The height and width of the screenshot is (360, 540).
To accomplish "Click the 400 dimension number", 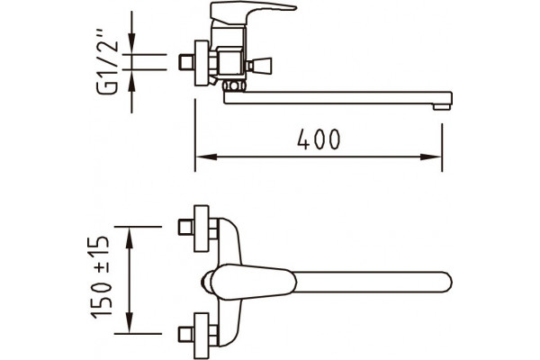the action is (x=319, y=139).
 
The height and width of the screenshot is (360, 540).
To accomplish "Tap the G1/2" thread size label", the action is (x=107, y=63).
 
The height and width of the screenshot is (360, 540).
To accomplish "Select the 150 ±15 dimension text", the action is (x=101, y=277).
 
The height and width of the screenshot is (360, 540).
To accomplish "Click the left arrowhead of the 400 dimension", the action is (x=206, y=157).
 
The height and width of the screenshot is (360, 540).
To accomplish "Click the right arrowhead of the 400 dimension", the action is (x=431, y=157).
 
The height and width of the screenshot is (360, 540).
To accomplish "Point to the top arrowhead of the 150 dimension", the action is (x=130, y=238).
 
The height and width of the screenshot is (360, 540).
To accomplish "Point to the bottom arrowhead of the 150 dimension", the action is (x=130, y=323).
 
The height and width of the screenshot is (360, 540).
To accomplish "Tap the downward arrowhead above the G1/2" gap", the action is (x=132, y=43).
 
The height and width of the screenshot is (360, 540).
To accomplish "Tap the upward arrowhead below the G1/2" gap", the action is (x=132, y=80).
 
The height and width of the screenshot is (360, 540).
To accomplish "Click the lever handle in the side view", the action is (x=253, y=13).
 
